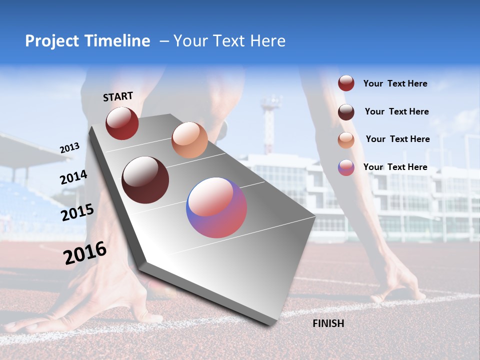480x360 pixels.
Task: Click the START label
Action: pyautogui.click(x=118, y=96)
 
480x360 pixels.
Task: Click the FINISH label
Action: pyautogui.click(x=328, y=323)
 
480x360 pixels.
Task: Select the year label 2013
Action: pyautogui.click(x=69, y=148)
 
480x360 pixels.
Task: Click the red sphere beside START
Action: pyautogui.click(x=122, y=123)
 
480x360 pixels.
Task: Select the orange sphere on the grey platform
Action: pyautogui.click(x=189, y=139)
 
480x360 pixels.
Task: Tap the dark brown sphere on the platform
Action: pyautogui.click(x=145, y=180)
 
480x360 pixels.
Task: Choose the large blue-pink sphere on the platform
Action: pyautogui.click(x=216, y=207)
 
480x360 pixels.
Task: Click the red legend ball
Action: pyautogui.click(x=346, y=83)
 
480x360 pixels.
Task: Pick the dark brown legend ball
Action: pyautogui.click(x=346, y=112)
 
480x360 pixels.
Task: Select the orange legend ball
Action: pyautogui.click(x=346, y=139)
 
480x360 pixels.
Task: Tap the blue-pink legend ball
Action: pyautogui.click(x=346, y=167)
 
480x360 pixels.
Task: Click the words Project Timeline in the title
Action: pyautogui.click(x=87, y=41)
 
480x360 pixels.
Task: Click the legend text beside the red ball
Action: pyautogui.click(x=395, y=84)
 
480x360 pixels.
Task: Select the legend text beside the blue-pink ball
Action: pyautogui.click(x=395, y=167)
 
